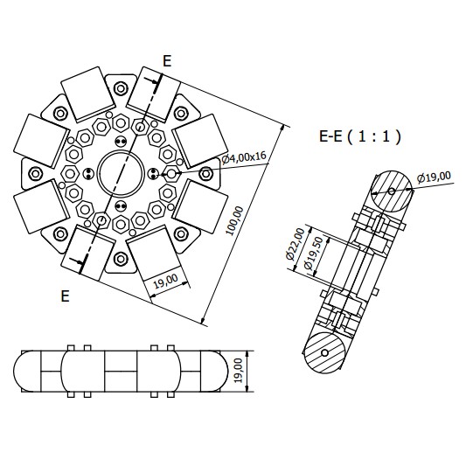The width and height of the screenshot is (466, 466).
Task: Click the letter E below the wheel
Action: [65, 296]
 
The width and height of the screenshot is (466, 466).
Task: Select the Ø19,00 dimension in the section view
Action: [434, 178]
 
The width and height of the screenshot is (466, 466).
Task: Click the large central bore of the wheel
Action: [121, 171]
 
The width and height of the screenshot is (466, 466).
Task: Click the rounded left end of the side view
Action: [29, 372]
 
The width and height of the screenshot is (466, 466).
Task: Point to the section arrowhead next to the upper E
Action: [156, 83]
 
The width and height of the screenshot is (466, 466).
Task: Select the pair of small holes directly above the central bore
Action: [121, 141]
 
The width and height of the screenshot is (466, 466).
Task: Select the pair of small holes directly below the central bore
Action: [121, 206]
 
